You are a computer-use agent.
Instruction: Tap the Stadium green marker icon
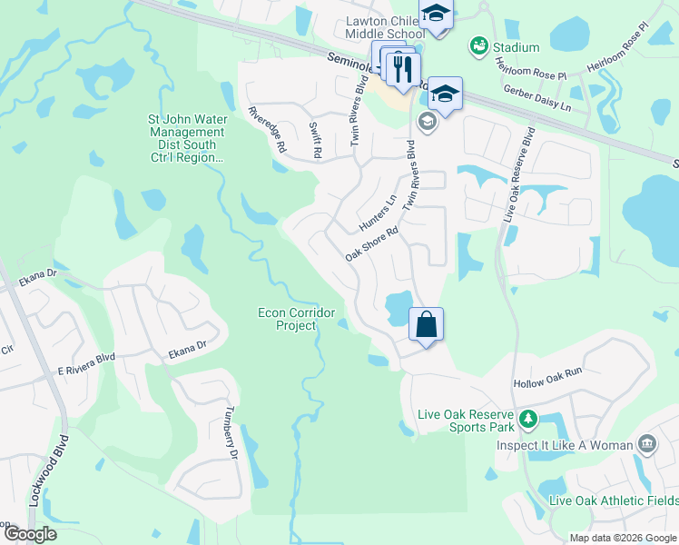point(477,45)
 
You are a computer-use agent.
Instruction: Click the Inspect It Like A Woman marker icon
point(647,444)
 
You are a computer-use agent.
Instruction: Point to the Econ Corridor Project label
point(285,319)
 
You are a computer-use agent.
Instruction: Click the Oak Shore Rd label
point(372,244)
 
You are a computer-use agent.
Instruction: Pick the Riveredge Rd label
point(268,129)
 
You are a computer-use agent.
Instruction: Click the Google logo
point(30,533)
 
